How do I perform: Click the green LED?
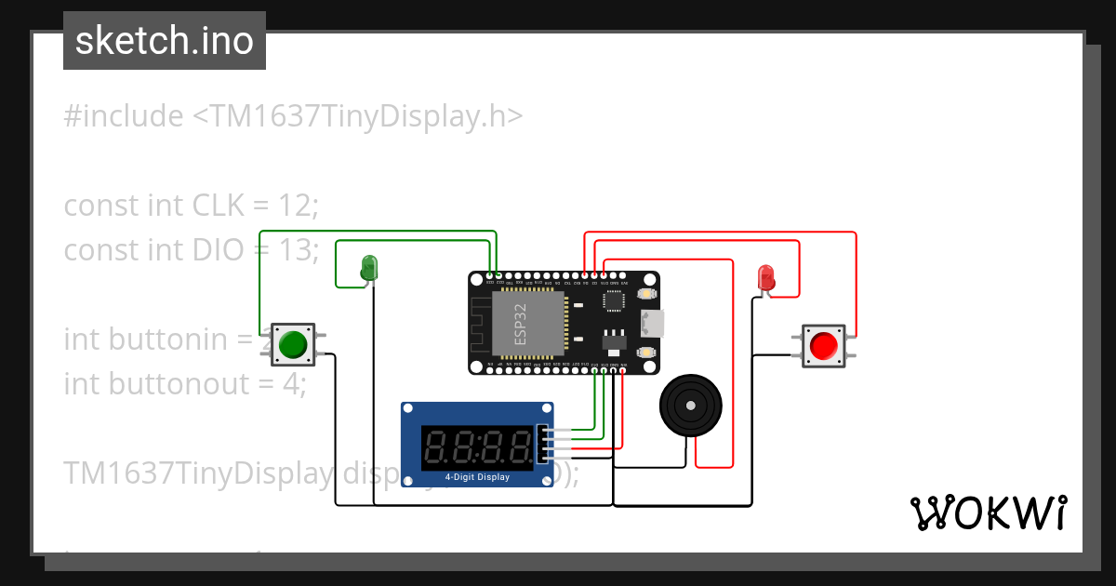click(369, 268)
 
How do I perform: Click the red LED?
click(766, 277)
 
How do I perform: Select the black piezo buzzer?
click(691, 406)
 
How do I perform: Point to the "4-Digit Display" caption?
click(477, 477)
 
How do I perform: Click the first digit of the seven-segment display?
click(435, 447)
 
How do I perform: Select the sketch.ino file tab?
click(165, 41)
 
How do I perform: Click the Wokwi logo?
click(988, 513)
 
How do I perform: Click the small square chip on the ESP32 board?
click(614, 300)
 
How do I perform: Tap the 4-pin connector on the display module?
click(544, 445)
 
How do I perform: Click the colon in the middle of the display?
click(477, 447)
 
